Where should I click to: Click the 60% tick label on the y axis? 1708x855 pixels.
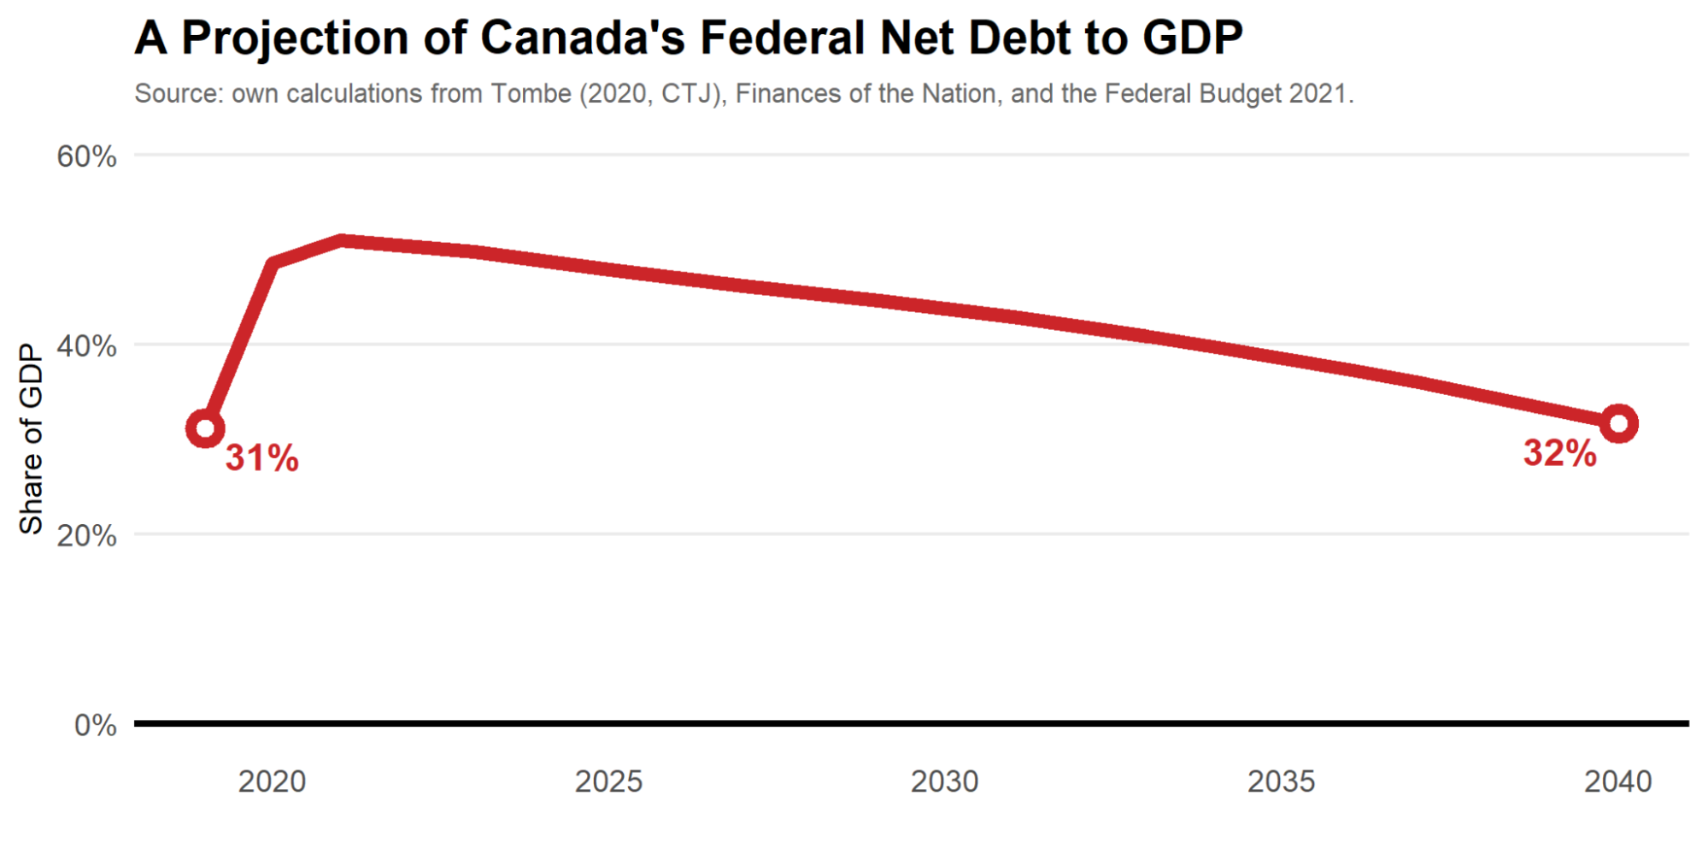click(x=86, y=156)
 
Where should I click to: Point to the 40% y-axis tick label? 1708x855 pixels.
click(x=86, y=346)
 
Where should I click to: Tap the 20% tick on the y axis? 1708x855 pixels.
click(x=86, y=536)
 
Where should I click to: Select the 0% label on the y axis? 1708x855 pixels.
click(x=95, y=726)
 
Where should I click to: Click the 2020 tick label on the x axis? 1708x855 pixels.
click(x=272, y=781)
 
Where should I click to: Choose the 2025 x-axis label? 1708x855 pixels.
click(x=608, y=781)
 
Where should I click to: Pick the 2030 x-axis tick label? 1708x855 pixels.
click(x=944, y=781)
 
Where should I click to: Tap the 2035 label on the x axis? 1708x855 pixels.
click(x=1281, y=781)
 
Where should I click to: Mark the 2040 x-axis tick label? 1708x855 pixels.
click(x=1617, y=781)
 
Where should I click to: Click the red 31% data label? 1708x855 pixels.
click(x=262, y=458)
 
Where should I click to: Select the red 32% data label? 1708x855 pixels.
click(x=1559, y=454)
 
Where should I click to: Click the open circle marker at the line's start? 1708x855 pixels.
click(x=205, y=428)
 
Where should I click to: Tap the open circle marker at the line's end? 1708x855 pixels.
click(x=1618, y=423)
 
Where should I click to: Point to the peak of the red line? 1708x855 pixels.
click(x=342, y=241)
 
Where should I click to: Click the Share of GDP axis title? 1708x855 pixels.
click(x=31, y=439)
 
